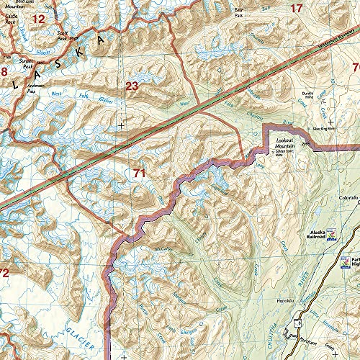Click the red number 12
39,19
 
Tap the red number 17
297,9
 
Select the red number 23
132,86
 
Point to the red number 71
140,173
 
